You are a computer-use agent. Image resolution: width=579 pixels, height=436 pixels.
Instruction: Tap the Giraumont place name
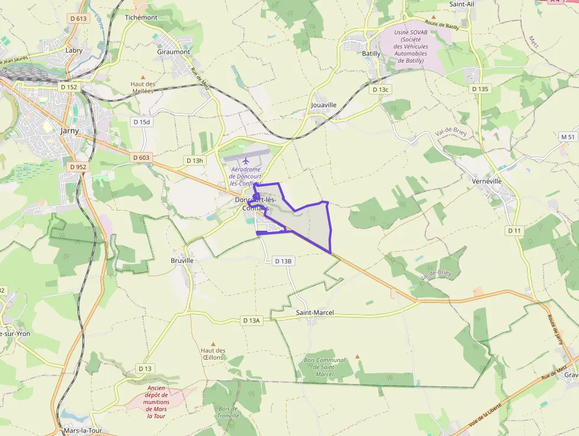coord(174,52)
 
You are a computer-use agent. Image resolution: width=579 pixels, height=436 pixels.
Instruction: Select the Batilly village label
coord(371,53)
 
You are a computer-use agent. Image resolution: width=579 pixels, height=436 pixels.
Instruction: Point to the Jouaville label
coord(323,105)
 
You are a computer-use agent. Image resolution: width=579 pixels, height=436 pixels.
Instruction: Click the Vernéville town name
coord(487,180)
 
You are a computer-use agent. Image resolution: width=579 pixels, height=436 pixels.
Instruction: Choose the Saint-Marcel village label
coord(315,312)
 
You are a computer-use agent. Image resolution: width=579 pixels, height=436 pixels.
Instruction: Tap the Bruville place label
coord(182,260)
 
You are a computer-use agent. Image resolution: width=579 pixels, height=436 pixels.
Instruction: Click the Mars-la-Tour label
coord(81,431)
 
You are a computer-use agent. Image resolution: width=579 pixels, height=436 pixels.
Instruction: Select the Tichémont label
coord(141,18)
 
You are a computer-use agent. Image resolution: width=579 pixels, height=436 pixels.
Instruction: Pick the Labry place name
coord(74,51)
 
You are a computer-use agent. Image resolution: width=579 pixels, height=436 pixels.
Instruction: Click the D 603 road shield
coord(141,157)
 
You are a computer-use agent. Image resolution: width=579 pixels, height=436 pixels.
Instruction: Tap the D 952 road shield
coord(77,167)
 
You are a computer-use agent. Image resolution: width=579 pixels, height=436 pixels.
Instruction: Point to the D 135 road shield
coord(481,89)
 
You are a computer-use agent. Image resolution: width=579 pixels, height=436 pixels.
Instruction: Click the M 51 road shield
coord(568,137)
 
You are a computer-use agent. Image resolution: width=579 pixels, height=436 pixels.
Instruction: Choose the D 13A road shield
coord(251,320)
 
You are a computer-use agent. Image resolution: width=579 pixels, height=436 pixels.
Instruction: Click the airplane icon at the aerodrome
coord(246,160)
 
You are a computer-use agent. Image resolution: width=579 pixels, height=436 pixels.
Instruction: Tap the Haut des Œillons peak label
coord(213,354)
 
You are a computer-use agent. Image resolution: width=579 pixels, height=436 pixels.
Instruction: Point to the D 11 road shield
coord(515,230)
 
